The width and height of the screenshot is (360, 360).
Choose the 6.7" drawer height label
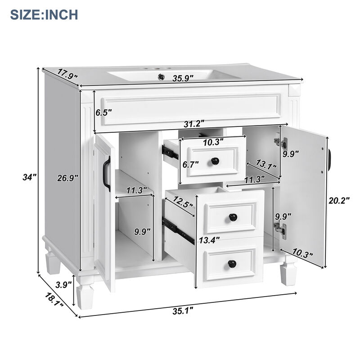(191, 165)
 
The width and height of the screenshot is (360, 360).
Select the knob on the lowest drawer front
(232, 263)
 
